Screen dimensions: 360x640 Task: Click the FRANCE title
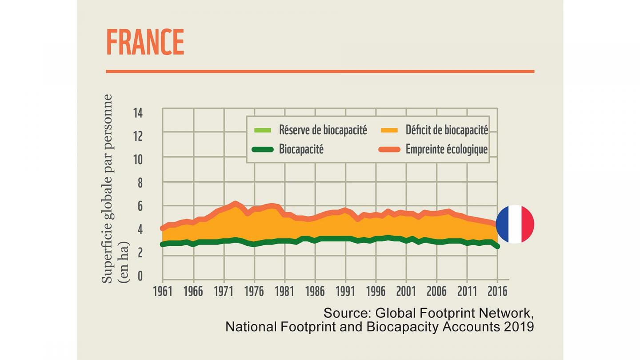point(145,42)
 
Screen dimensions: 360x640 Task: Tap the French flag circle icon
point(515,224)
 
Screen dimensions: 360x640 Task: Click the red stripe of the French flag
point(528,224)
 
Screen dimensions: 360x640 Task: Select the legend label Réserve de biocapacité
point(323,130)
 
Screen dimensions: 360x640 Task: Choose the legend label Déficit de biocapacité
point(447,130)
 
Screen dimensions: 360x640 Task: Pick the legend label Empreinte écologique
point(447,149)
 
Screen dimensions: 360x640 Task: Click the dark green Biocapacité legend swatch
point(262,149)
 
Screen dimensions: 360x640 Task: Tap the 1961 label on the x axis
point(163,291)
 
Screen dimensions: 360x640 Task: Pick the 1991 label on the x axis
point(345,291)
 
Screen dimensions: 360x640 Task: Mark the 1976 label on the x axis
point(254,291)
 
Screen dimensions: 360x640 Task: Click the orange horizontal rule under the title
point(320,71)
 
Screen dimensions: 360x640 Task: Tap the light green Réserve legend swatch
point(262,130)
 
